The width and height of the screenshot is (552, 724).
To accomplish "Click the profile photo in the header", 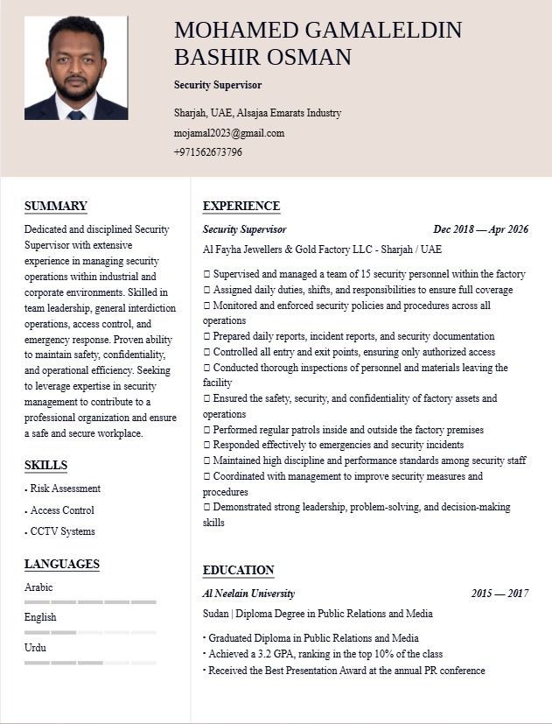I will pos(76,67).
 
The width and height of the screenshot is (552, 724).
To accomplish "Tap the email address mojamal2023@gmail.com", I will pos(228,133).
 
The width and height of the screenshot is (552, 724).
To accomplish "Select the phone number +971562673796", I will pos(208,152).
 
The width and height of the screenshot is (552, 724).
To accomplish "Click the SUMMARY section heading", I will pos(56,207).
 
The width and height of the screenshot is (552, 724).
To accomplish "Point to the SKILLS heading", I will pos(45,465).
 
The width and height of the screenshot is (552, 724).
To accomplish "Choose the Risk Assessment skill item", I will pos(65,489).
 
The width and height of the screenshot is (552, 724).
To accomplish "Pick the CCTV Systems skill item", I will pos(62,531).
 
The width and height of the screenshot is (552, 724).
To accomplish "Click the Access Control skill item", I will pos(62,510).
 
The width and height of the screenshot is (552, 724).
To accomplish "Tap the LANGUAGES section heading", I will pos(62,565).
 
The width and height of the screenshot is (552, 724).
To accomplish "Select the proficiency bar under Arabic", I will pos(90,602).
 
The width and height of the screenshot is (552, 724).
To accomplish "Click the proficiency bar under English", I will pos(90,632).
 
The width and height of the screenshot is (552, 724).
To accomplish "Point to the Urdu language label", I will pos(35,648).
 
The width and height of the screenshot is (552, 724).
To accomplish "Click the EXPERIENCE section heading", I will pos(241,207).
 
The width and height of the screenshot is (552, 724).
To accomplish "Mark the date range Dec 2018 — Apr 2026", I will pos(480,229).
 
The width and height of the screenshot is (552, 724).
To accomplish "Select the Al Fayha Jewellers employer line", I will pos(322,250).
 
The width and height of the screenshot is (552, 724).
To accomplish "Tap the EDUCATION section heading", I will pos(239,571).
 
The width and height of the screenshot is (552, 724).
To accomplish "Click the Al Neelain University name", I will pos(248,594).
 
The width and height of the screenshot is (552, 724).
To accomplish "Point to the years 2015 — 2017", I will pos(500,594).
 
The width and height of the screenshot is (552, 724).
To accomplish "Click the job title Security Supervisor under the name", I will pos(218,85).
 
